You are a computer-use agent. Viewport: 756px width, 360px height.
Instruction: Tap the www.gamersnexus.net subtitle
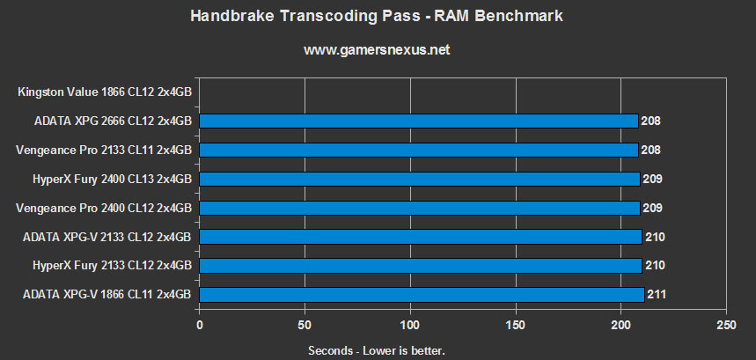click(377, 50)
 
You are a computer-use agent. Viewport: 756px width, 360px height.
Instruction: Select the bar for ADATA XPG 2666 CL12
click(419, 121)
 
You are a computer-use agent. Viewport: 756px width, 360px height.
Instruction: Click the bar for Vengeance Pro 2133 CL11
click(419, 150)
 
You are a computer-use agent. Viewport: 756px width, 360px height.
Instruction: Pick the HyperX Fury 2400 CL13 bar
click(420, 179)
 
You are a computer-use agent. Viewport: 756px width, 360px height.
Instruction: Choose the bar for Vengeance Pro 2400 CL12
click(420, 208)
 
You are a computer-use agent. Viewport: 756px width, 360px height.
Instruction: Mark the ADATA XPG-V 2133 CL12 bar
click(421, 236)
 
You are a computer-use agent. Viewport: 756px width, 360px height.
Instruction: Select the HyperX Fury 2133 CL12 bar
click(421, 265)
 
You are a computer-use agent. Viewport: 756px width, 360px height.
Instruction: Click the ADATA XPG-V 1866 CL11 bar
click(422, 294)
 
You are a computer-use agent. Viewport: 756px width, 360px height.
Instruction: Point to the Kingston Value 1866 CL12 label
click(104, 92)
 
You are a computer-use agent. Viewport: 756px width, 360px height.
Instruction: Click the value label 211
click(657, 294)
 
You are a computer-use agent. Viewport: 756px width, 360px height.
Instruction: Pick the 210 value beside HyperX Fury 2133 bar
click(655, 265)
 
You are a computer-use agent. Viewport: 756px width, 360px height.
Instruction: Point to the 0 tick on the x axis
click(200, 323)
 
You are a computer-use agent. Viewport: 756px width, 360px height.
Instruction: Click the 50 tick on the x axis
click(305, 323)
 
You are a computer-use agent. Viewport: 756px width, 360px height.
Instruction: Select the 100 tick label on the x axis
click(410, 323)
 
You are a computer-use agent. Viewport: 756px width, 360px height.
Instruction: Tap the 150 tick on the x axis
click(516, 323)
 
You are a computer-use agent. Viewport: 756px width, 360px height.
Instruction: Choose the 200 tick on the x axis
click(621, 323)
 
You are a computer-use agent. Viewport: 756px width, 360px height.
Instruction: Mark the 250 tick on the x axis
click(726, 323)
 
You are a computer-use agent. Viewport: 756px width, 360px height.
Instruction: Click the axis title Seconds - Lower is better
click(377, 350)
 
